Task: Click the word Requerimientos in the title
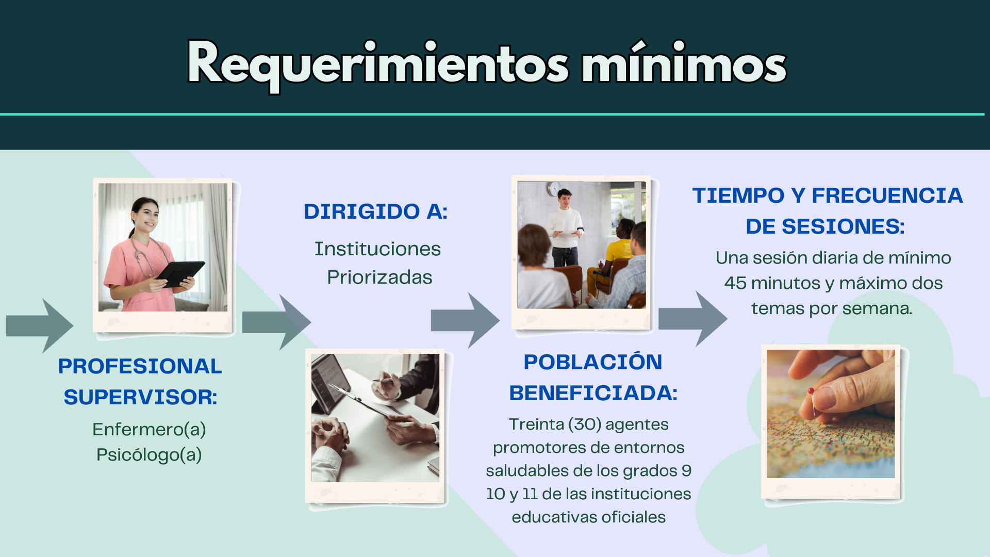(x=378, y=64)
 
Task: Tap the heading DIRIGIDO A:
(x=375, y=211)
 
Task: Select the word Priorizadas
(x=379, y=277)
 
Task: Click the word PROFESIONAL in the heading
(x=140, y=366)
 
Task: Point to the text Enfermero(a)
(x=149, y=429)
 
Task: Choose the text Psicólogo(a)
(x=149, y=455)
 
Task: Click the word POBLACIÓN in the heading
(x=593, y=362)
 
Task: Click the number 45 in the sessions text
(x=735, y=283)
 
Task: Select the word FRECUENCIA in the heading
(x=887, y=195)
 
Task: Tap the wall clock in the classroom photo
(x=555, y=189)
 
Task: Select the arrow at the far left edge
(x=40, y=326)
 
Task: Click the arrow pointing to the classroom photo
(x=465, y=320)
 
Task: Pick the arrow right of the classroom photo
(x=693, y=318)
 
